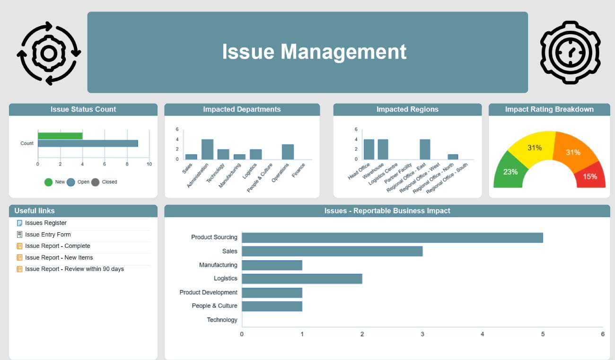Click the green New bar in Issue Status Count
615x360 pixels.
(60, 136)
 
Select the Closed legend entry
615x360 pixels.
(105, 182)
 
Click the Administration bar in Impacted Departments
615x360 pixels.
(207, 149)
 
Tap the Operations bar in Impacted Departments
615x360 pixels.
(288, 152)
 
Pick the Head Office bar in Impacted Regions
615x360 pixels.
(369, 149)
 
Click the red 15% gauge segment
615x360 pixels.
(591, 176)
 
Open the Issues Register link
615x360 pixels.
(45, 223)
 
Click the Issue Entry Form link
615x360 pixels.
(48, 235)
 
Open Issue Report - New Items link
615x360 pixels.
(59, 257)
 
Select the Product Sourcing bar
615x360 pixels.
(392, 238)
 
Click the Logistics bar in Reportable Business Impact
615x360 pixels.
(302, 279)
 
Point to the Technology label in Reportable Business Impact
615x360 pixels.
(222, 320)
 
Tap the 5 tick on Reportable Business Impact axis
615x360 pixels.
(543, 334)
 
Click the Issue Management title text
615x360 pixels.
(314, 52)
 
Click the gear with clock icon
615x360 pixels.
(570, 52)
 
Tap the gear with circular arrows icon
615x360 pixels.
(49, 53)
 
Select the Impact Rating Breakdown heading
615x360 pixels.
(549, 109)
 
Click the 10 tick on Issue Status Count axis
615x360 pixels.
(149, 164)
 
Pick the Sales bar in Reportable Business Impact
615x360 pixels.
(332, 251)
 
